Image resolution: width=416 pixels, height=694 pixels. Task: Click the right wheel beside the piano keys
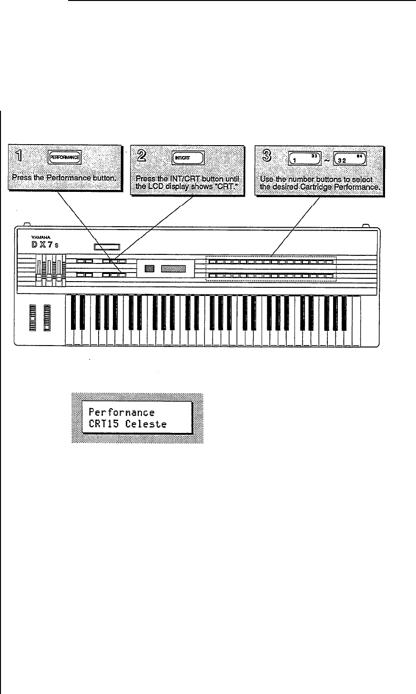47,316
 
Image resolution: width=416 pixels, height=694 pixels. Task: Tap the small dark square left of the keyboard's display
148,270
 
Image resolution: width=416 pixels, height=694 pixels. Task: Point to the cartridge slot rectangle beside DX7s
106,247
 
